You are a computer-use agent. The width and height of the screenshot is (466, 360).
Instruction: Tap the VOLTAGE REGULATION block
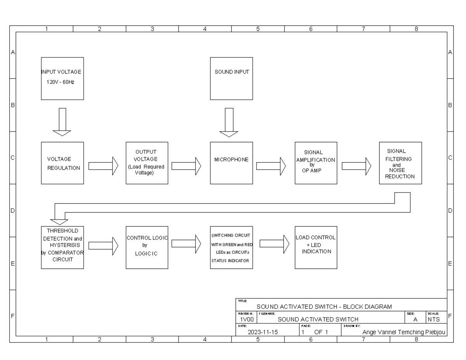click(63, 163)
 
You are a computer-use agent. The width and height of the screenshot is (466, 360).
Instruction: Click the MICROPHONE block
click(231, 163)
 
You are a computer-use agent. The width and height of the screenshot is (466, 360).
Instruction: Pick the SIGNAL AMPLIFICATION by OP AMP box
click(316, 163)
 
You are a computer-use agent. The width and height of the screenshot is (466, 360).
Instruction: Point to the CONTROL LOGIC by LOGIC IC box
click(147, 247)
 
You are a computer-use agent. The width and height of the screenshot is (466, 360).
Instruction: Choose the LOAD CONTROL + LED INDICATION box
click(316, 247)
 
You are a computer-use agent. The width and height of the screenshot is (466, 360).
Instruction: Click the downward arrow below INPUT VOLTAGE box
click(62, 122)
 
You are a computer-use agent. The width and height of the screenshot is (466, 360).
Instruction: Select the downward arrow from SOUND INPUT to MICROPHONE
click(229, 123)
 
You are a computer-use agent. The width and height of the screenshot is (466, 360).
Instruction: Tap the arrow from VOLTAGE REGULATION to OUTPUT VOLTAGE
click(103, 166)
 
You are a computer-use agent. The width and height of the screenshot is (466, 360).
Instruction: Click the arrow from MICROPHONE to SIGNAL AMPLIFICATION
click(271, 166)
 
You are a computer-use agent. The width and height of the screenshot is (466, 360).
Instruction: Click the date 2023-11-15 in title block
click(263, 332)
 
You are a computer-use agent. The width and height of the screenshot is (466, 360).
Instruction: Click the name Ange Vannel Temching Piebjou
click(403, 332)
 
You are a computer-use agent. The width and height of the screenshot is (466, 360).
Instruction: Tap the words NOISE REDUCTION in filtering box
click(400, 173)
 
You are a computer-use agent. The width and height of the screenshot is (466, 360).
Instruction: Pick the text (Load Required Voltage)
click(147, 170)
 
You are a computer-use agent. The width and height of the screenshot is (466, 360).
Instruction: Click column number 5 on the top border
click(258, 29)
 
